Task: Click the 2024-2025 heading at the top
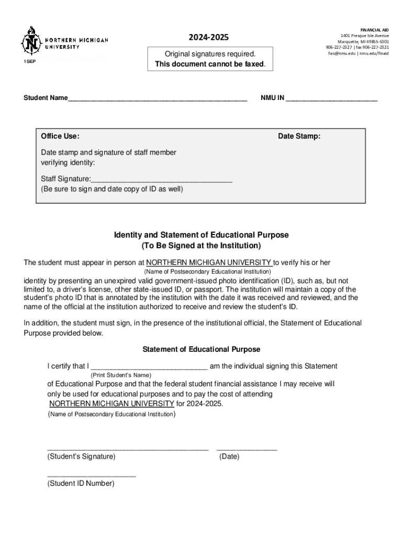click(x=209, y=38)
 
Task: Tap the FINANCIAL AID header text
click(x=374, y=30)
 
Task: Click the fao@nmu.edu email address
click(x=341, y=53)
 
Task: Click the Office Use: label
click(x=60, y=137)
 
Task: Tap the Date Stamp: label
click(x=299, y=137)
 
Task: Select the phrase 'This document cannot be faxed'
click(x=210, y=64)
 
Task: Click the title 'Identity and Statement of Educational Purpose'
click(x=201, y=235)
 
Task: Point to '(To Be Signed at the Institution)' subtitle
click(x=201, y=245)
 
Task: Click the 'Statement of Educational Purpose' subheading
click(x=201, y=349)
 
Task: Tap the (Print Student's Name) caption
click(x=121, y=375)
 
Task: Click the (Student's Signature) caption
click(x=82, y=456)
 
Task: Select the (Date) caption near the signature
click(x=229, y=456)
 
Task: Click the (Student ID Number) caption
click(x=81, y=484)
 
